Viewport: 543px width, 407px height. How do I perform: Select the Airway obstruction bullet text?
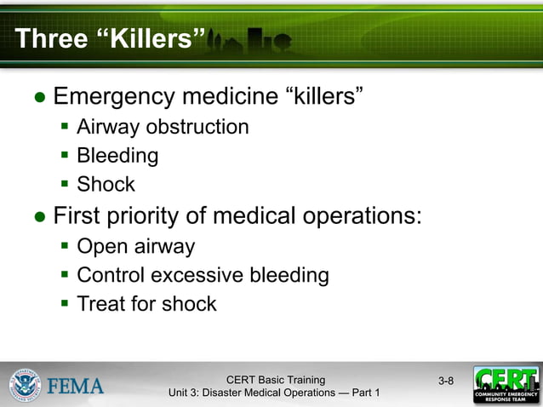[x=163, y=127]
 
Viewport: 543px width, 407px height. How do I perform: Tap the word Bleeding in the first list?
[x=117, y=156]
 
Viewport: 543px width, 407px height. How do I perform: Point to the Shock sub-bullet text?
[x=106, y=184]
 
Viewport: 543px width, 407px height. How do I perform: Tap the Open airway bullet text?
[x=135, y=247]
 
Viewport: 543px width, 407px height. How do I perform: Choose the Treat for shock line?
[x=146, y=304]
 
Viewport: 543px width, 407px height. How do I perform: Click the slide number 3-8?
[x=446, y=381]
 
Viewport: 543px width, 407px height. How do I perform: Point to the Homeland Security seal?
[x=26, y=385]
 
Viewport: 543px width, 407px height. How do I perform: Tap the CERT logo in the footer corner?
[x=506, y=385]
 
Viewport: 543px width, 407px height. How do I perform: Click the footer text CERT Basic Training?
[x=275, y=380]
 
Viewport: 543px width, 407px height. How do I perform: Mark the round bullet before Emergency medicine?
[x=40, y=97]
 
